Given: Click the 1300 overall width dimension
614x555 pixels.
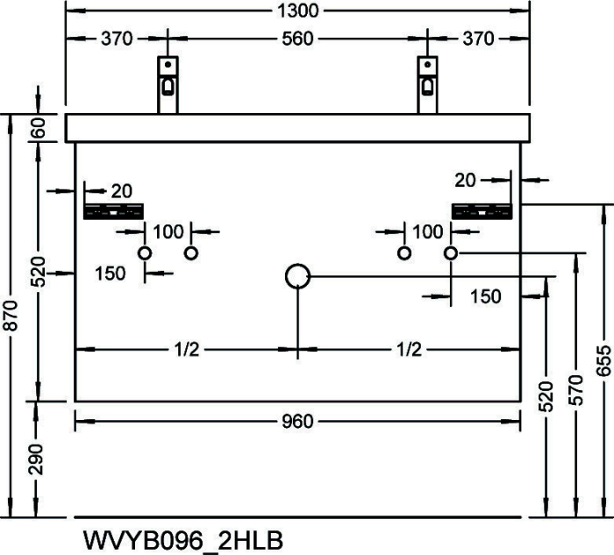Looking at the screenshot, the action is click(298, 11).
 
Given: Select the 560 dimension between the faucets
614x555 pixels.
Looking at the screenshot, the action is click(297, 39).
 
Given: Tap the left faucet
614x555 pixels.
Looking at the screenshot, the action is click(168, 84).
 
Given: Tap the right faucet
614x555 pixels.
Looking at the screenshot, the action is click(427, 84).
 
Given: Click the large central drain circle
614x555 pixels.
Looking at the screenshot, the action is click(298, 265).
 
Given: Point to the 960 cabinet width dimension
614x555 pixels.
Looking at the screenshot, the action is click(297, 422).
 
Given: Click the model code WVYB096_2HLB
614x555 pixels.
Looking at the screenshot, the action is click(182, 540).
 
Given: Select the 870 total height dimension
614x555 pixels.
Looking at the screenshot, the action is click(11, 316).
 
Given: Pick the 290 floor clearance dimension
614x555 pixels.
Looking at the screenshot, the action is click(37, 459).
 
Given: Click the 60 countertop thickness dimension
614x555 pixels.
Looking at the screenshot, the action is click(38, 128).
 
